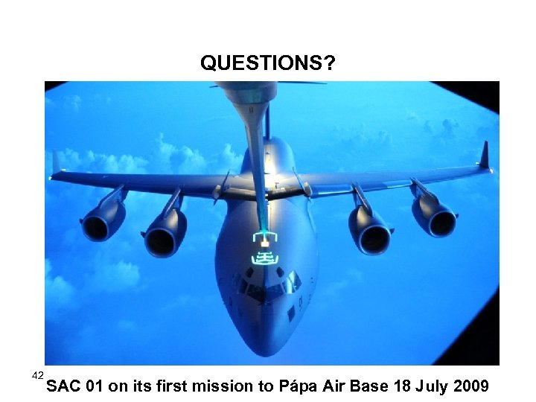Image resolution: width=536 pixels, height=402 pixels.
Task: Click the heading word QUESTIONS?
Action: tap(267, 65)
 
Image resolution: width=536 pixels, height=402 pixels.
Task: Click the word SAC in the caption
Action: tap(64, 386)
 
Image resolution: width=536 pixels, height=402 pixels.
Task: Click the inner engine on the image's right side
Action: tap(370, 232)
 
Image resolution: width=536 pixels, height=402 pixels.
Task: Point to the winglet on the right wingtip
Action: tap(485, 156)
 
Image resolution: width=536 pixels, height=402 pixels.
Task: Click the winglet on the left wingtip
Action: tap(56, 163)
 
